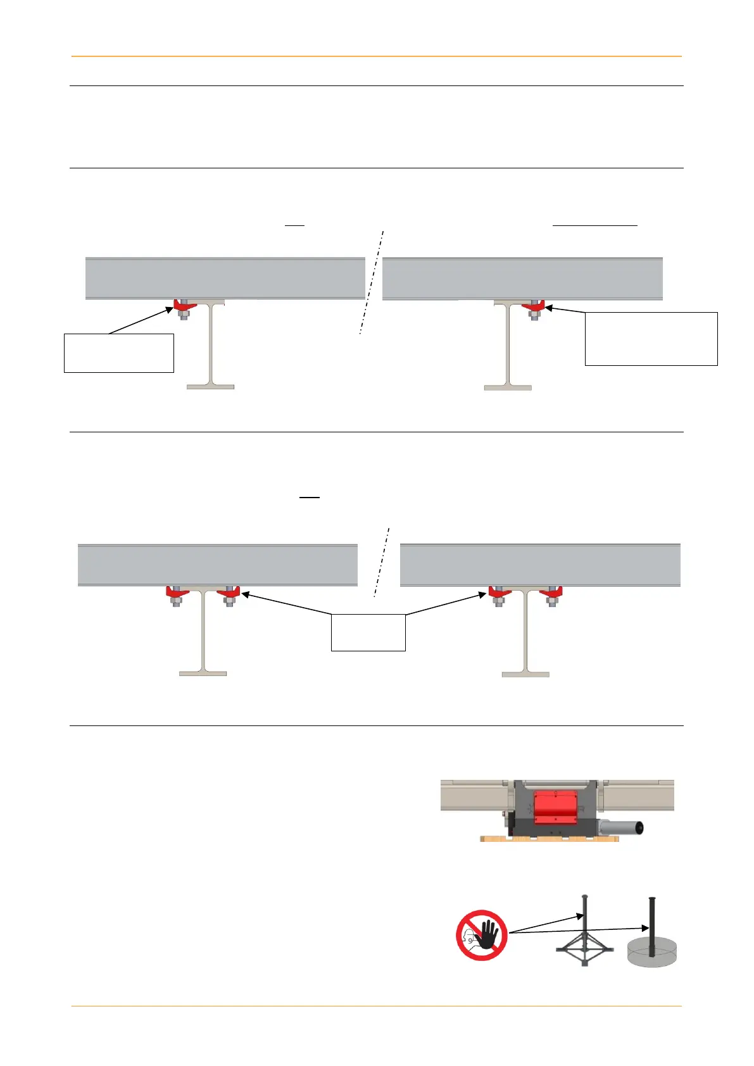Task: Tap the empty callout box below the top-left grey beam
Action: (119, 353)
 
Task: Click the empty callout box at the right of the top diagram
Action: (651, 339)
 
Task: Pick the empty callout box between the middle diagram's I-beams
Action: (368, 632)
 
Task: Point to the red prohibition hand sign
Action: (482, 935)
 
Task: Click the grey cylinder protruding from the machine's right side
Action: (624, 826)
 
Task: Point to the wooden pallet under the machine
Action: (550, 839)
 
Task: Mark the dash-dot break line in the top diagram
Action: (372, 282)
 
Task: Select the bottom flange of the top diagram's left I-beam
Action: (210, 386)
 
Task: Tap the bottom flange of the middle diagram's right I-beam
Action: (525, 674)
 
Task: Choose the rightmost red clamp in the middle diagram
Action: (552, 593)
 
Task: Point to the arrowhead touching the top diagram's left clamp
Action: (170, 309)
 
